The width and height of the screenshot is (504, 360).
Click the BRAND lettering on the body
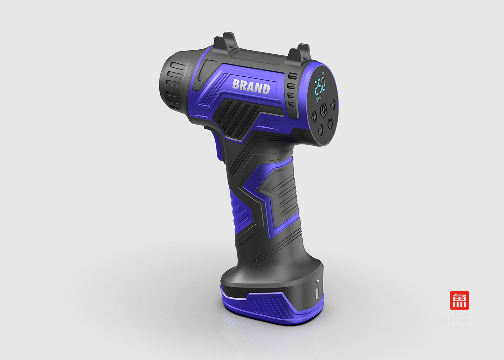pos(251,86)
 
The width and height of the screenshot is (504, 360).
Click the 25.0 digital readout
pos(320,86)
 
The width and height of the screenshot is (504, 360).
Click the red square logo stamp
pos(459,300)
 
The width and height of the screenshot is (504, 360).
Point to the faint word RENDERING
pos(455,321)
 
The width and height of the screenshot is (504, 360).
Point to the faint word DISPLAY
pos(459,327)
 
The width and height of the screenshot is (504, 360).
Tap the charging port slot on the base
pos(317,293)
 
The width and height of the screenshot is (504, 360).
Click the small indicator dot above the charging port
pos(317,281)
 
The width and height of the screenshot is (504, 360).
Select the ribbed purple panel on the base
pos(268,304)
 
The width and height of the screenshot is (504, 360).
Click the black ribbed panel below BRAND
pos(236,117)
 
